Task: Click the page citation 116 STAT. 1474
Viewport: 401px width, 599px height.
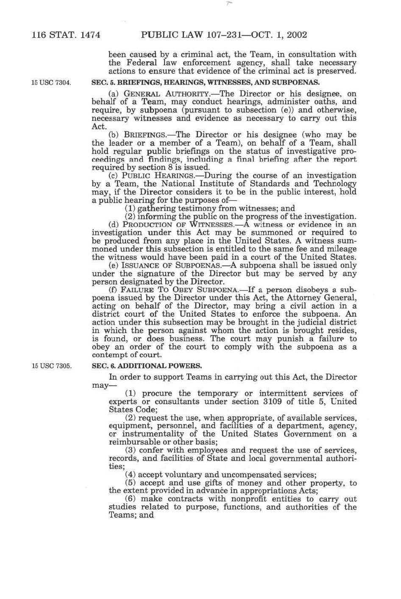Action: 66,35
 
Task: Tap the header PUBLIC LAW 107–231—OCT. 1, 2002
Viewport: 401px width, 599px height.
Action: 224,35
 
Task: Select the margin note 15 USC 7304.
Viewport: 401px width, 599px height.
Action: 51,82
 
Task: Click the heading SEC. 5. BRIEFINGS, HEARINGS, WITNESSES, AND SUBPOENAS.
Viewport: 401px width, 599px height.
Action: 206,82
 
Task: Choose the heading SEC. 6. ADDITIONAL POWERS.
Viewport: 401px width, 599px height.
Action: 147,366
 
